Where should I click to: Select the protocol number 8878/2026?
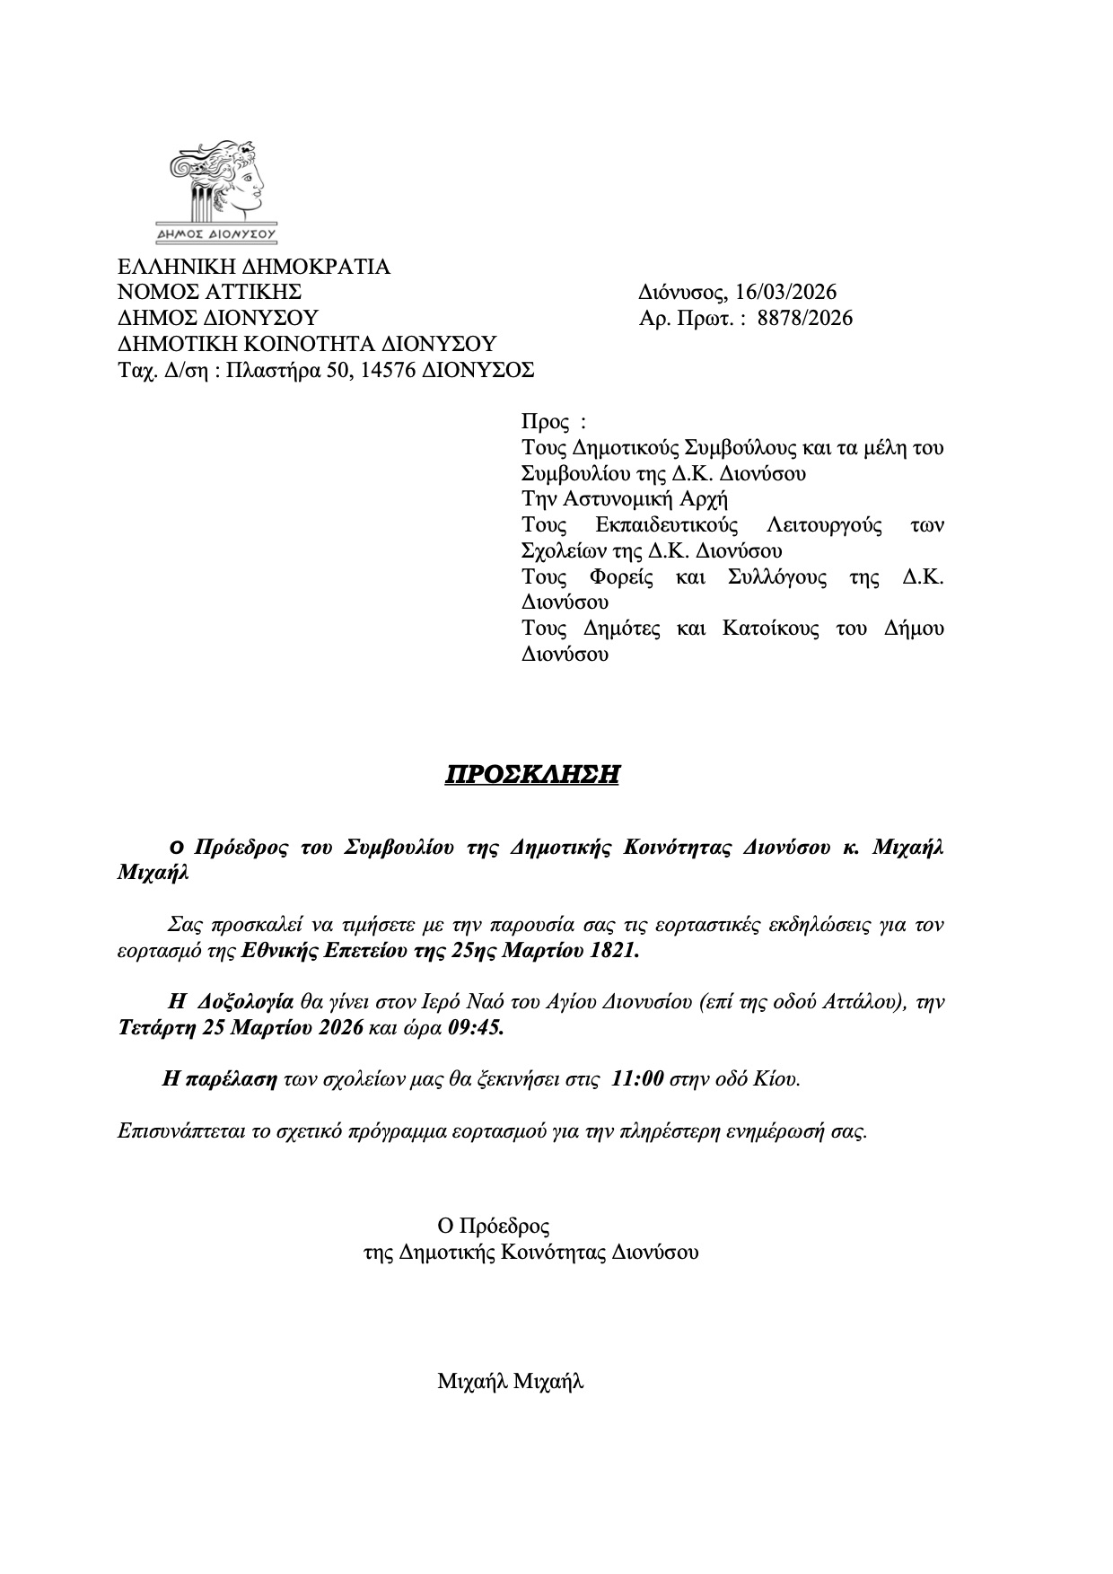pyautogui.click(x=805, y=318)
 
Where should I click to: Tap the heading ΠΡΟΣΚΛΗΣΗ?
pyautogui.click(x=532, y=775)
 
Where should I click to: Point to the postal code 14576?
pyautogui.click(x=388, y=370)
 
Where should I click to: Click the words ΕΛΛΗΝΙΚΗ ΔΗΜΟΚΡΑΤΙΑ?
pyautogui.click(x=255, y=267)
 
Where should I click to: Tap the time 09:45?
pyautogui.click(x=476, y=1028)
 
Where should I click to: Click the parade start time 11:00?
pyautogui.click(x=637, y=1079)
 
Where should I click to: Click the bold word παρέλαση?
pyautogui.click(x=231, y=1079)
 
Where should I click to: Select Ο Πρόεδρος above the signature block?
pyautogui.click(x=493, y=1226)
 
